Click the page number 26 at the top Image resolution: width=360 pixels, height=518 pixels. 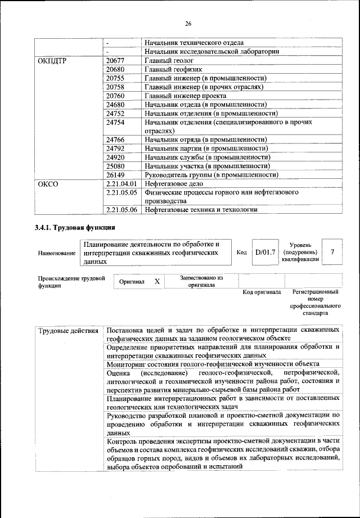coord(188,23)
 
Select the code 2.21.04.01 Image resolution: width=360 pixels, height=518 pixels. coord(121,183)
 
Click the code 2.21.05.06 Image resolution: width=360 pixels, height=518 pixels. coord(121,210)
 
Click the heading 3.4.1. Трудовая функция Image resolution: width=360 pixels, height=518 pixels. coord(75,228)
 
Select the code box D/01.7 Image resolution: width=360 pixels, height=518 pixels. coord(265,253)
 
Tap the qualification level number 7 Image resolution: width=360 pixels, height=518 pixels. coord(333,253)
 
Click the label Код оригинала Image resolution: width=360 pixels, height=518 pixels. coord(262,292)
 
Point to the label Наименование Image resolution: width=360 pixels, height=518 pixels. coord(57,254)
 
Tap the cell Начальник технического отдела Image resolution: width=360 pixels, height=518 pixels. coord(193,43)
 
